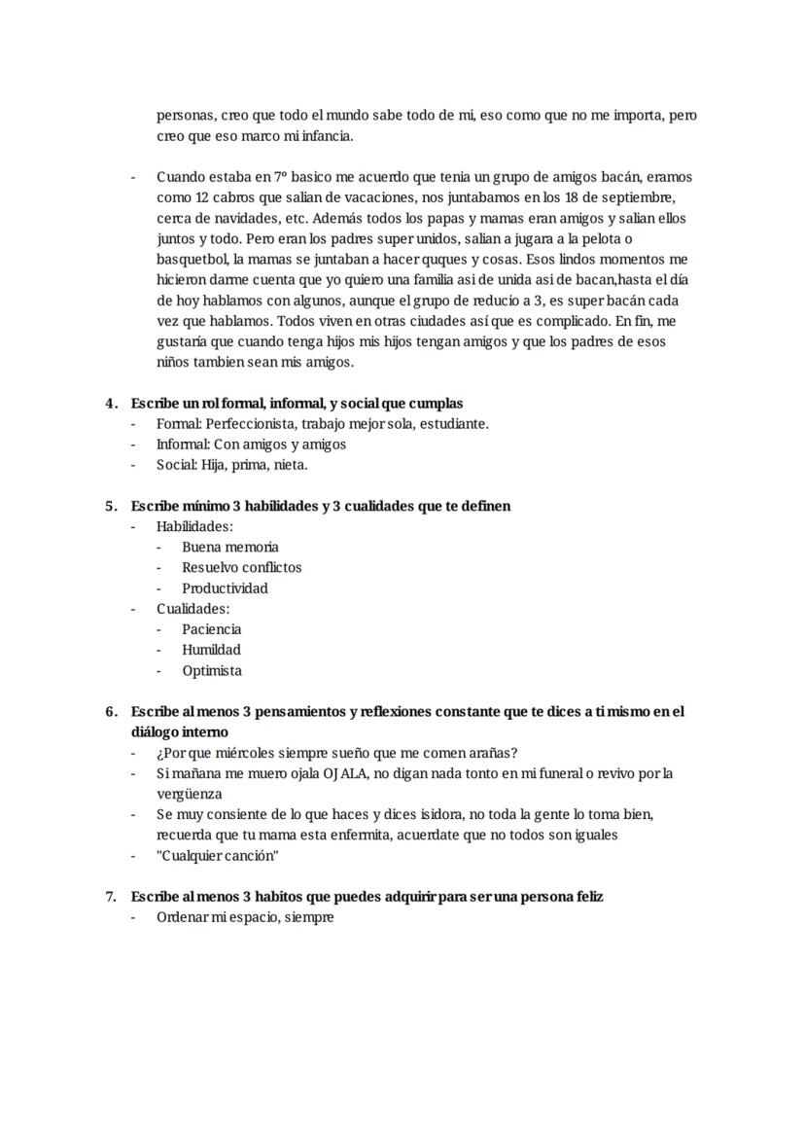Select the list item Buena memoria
(229, 548)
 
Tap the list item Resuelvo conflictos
(241, 568)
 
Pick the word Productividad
(225, 588)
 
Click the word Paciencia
(211, 629)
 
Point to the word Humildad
(211, 650)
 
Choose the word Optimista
(212, 671)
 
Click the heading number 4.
(110, 404)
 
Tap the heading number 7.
(110, 897)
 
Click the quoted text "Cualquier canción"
(218, 856)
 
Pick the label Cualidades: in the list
(192, 609)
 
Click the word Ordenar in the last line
(183, 917)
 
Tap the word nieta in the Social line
(290, 465)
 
